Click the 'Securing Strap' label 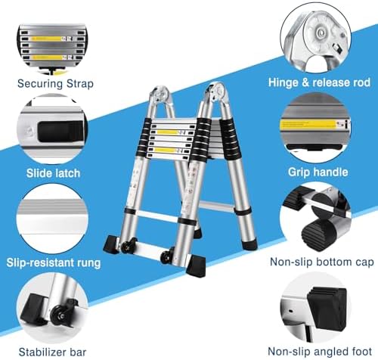pyautogui.click(x=55, y=82)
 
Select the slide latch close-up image pyautogui.click(x=54, y=129)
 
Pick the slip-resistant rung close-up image pyautogui.click(x=54, y=219)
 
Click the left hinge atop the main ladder pyautogui.click(x=160, y=97)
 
